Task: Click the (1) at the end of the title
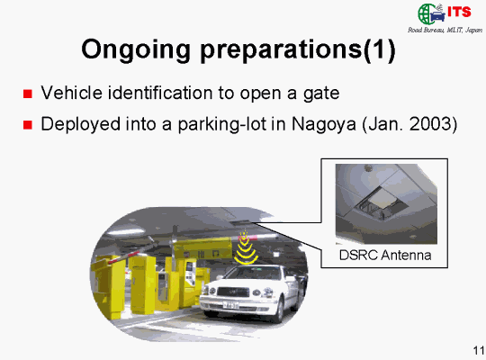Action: point(379,49)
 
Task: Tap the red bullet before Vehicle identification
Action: point(28,94)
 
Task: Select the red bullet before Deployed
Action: point(28,125)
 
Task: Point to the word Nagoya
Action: point(324,125)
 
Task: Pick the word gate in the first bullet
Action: point(321,94)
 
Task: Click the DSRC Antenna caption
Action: point(385,256)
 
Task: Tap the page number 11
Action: point(479,350)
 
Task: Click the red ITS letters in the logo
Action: point(459,12)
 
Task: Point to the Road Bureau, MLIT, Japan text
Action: point(445,30)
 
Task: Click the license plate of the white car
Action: point(231,305)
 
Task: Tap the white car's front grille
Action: point(233,292)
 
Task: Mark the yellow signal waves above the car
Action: point(246,248)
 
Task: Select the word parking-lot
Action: point(222,125)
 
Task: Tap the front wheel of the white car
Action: point(280,310)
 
